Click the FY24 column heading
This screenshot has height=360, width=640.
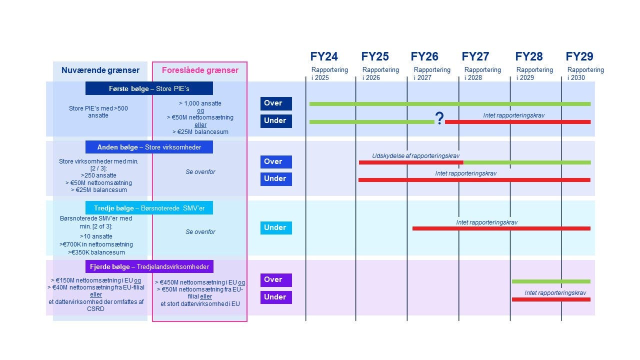pyautogui.click(x=324, y=56)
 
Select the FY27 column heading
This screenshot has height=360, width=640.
pyautogui.click(x=475, y=56)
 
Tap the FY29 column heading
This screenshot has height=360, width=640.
pyautogui.click(x=579, y=56)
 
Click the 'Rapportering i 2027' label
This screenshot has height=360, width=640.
pyautogui.click(x=432, y=73)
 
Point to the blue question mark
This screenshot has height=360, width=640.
pyautogui.click(x=439, y=118)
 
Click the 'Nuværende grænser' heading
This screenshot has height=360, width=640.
pyautogui.click(x=100, y=70)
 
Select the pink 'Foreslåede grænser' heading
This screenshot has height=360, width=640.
pyautogui.click(x=200, y=70)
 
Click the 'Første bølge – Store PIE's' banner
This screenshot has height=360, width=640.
pyautogui.click(x=149, y=88)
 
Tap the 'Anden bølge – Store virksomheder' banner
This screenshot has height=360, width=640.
pyautogui.click(x=149, y=147)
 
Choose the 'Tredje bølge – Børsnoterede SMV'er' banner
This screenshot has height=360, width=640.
pyautogui.click(x=149, y=208)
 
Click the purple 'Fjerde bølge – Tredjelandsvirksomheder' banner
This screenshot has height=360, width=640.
pyautogui.click(x=149, y=266)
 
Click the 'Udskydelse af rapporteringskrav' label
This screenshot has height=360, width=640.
pyautogui.click(x=415, y=156)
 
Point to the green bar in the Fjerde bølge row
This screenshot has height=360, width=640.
pyautogui.click(x=551, y=281)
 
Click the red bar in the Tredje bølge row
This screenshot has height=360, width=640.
pyautogui.click(x=501, y=228)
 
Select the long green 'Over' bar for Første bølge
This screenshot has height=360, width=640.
pyautogui.click(x=450, y=104)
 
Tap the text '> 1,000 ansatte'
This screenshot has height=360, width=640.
pyautogui.click(x=200, y=103)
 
